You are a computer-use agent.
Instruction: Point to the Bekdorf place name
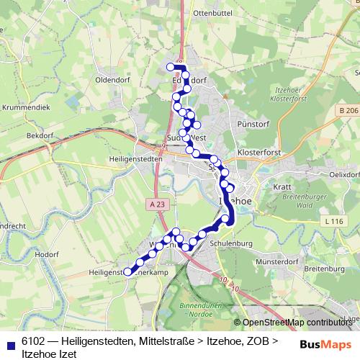coord(41,135)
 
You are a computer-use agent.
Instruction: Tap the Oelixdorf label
coord(343,174)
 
